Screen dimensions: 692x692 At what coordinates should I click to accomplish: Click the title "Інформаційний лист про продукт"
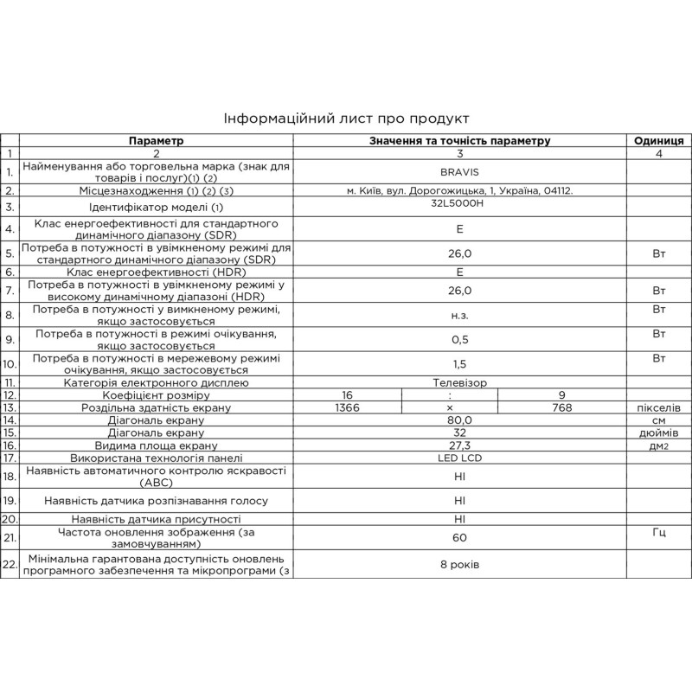[x=345, y=119]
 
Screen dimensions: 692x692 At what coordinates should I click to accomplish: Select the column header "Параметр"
[x=157, y=140]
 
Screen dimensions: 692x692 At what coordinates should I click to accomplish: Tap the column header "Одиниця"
[x=659, y=140]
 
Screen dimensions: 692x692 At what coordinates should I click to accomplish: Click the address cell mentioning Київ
[x=459, y=189]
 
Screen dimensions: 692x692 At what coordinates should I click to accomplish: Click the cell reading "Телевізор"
[x=459, y=381]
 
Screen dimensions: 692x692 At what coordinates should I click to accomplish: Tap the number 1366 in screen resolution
[x=346, y=407]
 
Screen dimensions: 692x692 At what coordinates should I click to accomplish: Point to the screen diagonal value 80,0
[x=459, y=420]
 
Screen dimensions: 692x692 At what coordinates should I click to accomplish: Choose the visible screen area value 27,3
[x=459, y=445]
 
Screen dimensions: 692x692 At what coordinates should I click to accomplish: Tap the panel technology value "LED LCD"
[x=459, y=458]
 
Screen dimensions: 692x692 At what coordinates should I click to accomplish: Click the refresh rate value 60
[x=459, y=538]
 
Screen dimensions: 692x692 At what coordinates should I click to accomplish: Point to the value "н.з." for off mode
[x=459, y=316]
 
